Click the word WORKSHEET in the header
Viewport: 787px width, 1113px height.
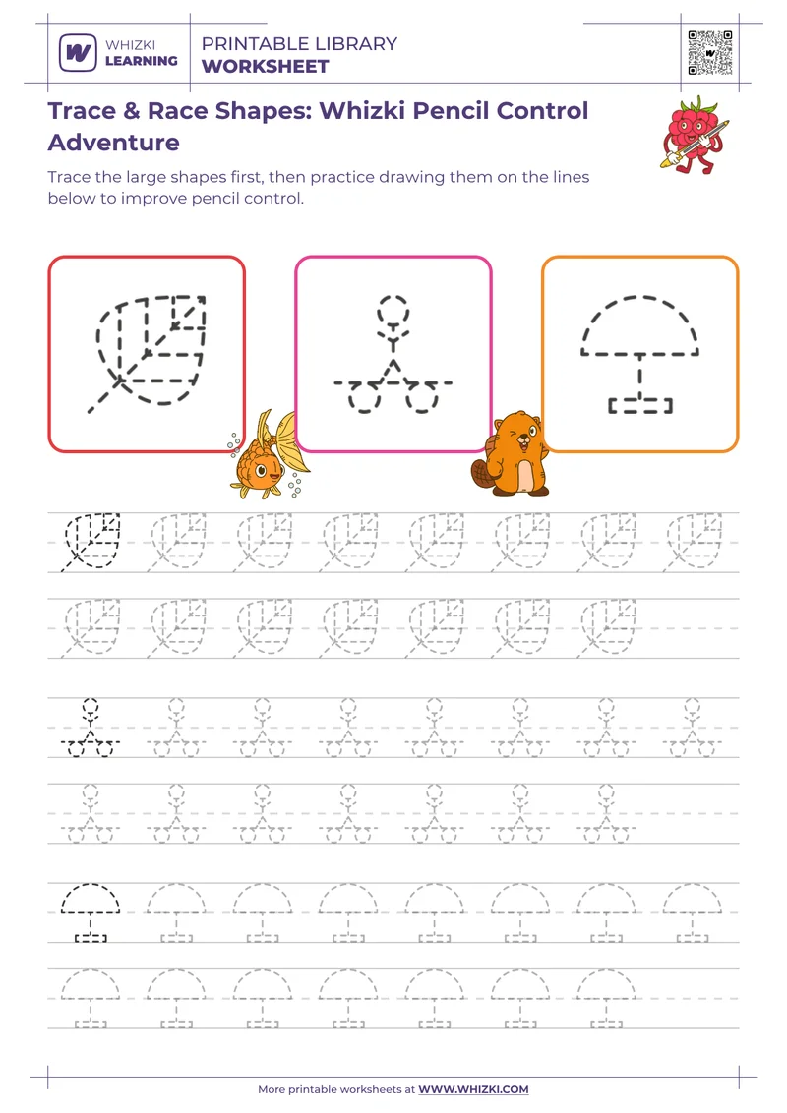[x=265, y=67]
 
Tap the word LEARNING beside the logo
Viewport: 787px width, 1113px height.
[x=141, y=61]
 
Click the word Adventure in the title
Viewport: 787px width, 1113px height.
[x=114, y=143]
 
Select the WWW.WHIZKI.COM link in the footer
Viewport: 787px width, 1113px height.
[x=473, y=1089]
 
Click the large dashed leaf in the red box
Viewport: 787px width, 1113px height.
[x=150, y=349]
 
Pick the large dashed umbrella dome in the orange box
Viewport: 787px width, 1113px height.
[x=639, y=325]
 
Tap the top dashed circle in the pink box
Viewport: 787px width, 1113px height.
[x=393, y=309]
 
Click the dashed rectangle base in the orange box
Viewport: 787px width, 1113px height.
[x=640, y=404]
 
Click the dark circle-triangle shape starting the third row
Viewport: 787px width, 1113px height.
[x=90, y=728]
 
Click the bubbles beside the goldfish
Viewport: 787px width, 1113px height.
[x=234, y=444]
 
